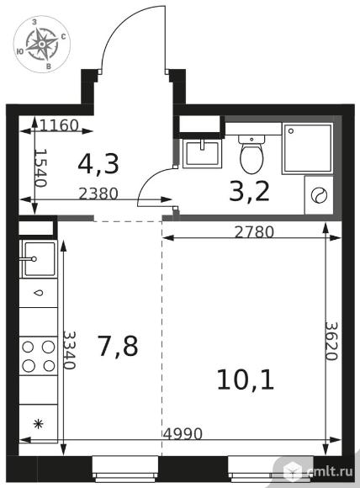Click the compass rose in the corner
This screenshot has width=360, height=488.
point(42,45)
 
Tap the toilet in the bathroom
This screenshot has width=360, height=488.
point(251,154)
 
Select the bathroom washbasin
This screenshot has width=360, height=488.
point(202,153)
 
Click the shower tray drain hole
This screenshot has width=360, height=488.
point(291,131)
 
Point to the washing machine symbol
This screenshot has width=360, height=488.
point(320,195)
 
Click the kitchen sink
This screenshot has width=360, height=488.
point(39,259)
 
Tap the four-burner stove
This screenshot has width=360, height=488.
point(39,356)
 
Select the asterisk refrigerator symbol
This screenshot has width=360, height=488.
point(38,423)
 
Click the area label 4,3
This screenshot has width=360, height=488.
point(98,165)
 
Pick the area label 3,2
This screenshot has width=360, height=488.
point(249,193)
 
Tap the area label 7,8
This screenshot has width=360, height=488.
point(117,346)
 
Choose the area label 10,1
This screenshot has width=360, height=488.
point(246,379)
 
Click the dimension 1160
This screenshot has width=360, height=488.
point(59,125)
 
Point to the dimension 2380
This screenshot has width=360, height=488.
point(98,194)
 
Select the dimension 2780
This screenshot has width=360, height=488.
point(254,232)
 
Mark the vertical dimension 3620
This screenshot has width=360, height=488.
point(331,341)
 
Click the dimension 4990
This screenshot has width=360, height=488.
point(183,433)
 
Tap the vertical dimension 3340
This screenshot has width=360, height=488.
point(69,350)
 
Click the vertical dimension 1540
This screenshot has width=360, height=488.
point(40,167)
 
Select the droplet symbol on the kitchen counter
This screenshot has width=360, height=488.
point(39,293)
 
